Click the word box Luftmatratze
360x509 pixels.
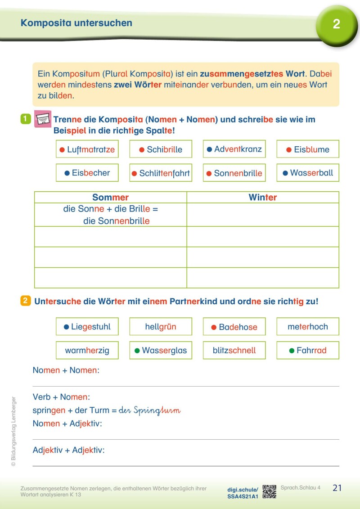[x=87, y=149]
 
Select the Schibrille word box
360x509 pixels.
[x=161, y=149]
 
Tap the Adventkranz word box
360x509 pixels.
[x=234, y=149]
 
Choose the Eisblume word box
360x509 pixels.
[x=308, y=149]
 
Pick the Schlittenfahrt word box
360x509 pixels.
[x=161, y=173]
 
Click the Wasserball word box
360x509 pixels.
[x=308, y=173]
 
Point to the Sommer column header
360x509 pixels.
[x=110, y=198]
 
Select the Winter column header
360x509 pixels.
[x=263, y=198]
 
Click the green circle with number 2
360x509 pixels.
[x=337, y=24]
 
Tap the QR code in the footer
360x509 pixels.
[x=269, y=491]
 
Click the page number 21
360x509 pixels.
[x=337, y=488]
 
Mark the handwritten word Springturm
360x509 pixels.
[x=149, y=411]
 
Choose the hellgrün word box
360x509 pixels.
[x=161, y=327]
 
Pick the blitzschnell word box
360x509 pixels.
[x=234, y=350]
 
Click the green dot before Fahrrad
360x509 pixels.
[x=292, y=351]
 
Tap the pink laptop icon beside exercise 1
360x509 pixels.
[x=43, y=119]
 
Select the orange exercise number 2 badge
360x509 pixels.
[x=25, y=301]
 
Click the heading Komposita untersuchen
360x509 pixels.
[x=76, y=23]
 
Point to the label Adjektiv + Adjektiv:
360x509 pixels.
[x=68, y=450]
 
